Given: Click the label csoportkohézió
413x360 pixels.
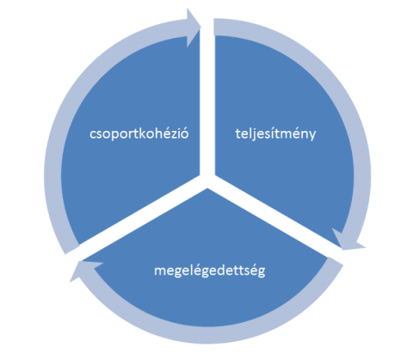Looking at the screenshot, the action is point(139,134).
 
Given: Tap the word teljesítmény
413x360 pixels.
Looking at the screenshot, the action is point(275,134).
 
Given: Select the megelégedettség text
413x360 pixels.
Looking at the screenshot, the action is point(210,270).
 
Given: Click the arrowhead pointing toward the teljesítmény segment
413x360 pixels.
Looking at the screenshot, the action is point(194,28).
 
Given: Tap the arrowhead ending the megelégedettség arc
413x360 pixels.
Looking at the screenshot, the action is point(85,270).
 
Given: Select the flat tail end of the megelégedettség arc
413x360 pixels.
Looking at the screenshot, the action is point(335,262).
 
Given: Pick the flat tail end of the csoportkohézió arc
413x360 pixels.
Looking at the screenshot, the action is point(72,249).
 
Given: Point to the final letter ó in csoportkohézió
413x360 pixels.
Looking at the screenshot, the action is point(184,134).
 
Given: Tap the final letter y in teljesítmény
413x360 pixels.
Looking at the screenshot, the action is point(312,136).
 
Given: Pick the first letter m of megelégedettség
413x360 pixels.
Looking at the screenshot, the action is point(160,272).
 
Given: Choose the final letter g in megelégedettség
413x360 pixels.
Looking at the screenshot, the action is point(262,273).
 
